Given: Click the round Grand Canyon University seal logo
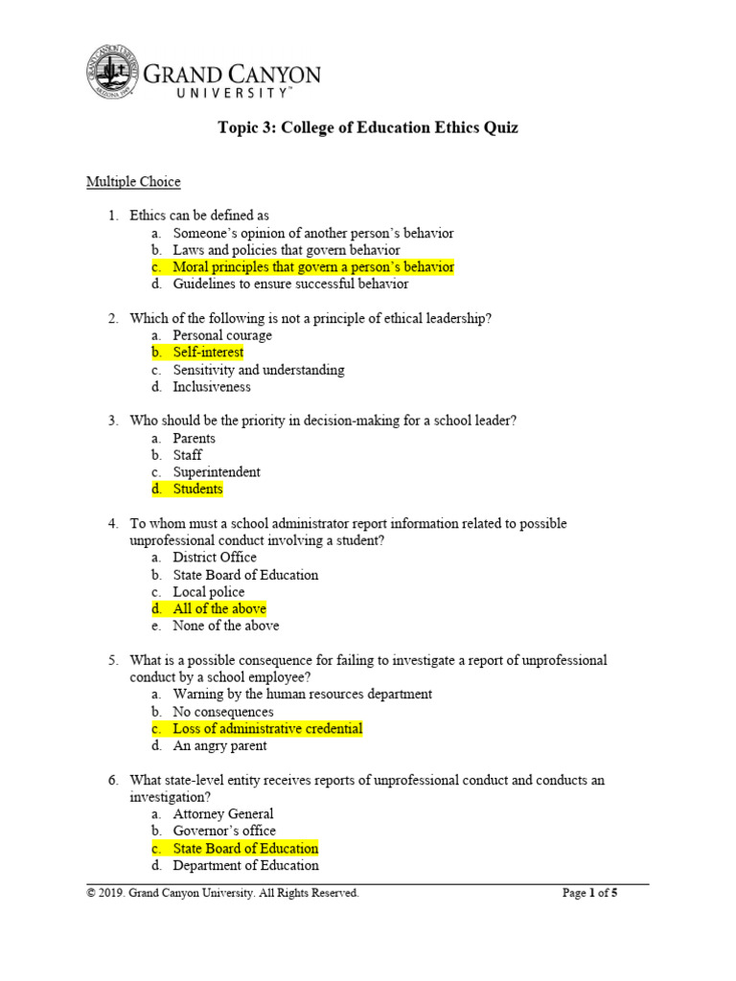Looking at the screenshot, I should click(113, 72).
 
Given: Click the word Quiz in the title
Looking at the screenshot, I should click(498, 127).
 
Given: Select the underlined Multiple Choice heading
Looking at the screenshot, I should click(133, 181).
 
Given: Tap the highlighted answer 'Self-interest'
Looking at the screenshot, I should click(208, 353).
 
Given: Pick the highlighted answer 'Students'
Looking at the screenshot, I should click(197, 490).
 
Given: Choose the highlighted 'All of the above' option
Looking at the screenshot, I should click(219, 609).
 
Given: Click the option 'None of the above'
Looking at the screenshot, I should click(226, 626).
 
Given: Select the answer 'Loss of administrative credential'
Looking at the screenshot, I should click(267, 729).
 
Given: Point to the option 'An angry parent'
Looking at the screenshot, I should click(219, 745).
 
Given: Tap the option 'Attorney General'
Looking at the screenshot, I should click(223, 814).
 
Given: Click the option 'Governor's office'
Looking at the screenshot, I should click(224, 831).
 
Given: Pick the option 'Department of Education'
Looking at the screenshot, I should click(245, 865).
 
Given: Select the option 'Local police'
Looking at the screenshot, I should click(208, 592).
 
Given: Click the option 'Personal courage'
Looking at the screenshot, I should click(222, 335).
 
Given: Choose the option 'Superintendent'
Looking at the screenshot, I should click(217, 472).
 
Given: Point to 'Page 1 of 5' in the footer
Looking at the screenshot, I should click(589, 893).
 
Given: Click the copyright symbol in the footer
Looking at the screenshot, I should click(91, 893).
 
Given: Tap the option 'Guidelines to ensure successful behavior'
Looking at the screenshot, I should click(290, 284).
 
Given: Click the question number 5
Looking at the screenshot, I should click(111, 661).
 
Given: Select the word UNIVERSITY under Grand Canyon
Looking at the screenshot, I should click(230, 93).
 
